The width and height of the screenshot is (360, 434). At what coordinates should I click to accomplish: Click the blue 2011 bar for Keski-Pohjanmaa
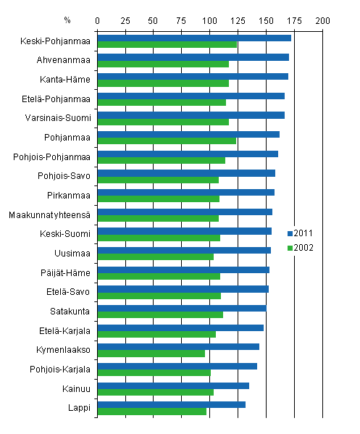pos(194,38)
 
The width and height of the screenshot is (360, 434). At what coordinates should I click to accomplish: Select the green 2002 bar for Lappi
pos(152,412)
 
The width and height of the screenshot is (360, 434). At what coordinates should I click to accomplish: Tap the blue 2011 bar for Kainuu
pos(173,385)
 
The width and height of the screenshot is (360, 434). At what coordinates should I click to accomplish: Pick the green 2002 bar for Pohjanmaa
pos(167,141)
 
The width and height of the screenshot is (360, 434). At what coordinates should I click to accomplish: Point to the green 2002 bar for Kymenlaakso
pos(151,354)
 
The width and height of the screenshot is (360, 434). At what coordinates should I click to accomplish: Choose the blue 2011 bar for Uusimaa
pos(184,250)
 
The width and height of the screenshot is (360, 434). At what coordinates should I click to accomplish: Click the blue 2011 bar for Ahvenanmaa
pos(193,57)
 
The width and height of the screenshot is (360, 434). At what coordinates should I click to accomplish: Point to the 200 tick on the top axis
pos(321,19)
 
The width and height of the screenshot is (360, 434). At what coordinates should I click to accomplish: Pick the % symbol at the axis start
pos(67,19)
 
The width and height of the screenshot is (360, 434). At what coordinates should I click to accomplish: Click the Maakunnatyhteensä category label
pos(49,214)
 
